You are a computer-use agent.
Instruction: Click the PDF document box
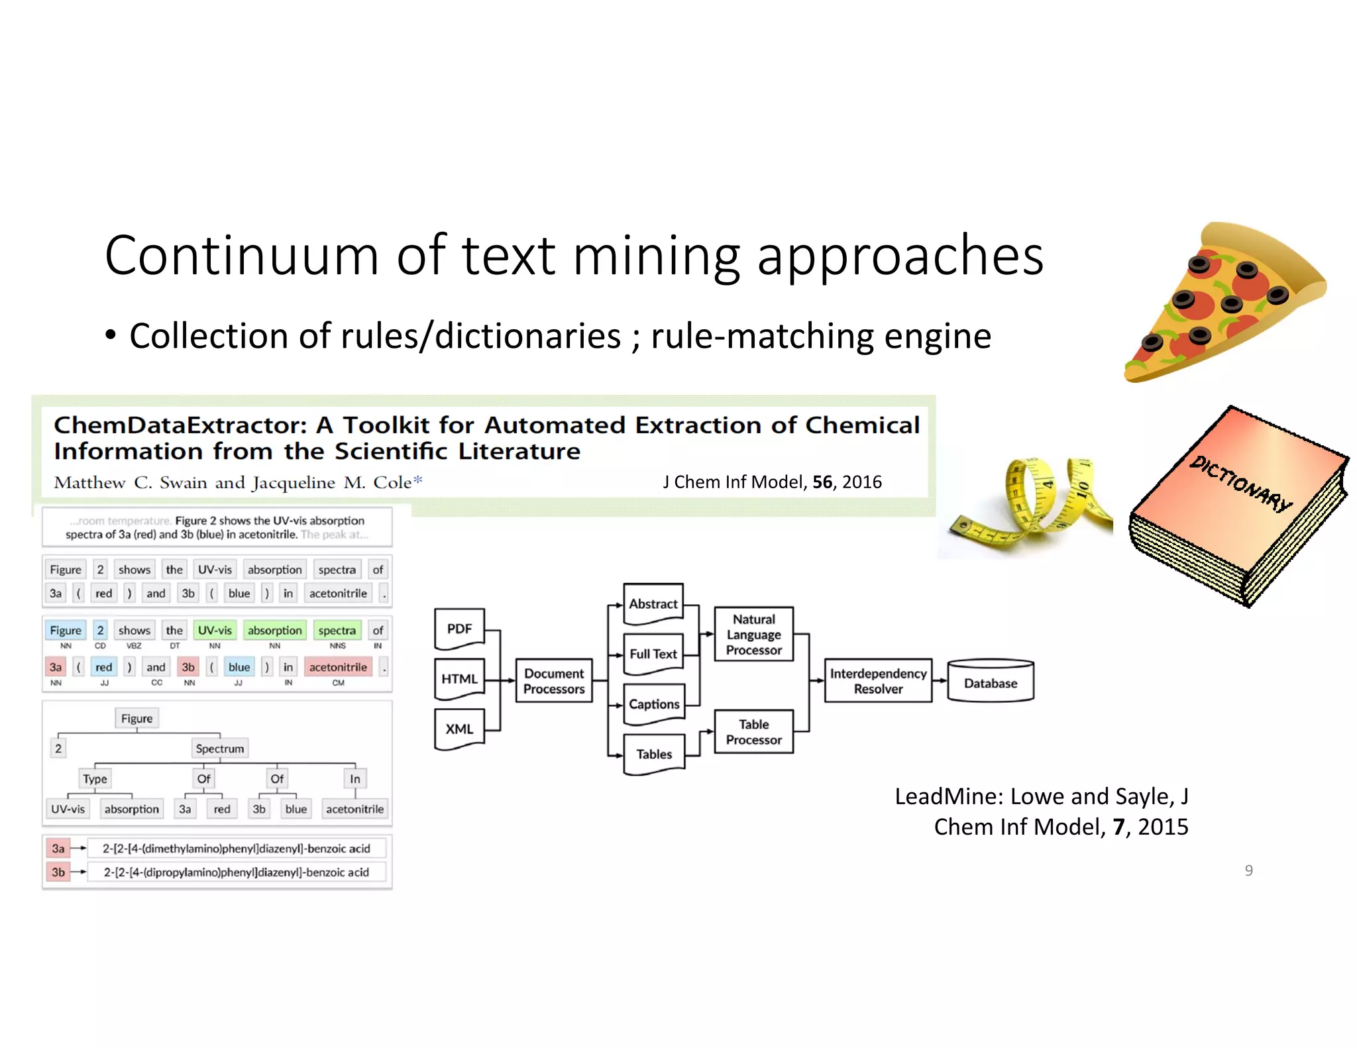point(459,629)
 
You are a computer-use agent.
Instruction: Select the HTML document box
point(459,679)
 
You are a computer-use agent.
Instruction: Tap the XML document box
point(459,729)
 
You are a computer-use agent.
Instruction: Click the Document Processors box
point(554,681)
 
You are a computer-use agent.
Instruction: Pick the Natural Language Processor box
point(753,635)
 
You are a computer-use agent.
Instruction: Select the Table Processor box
point(753,732)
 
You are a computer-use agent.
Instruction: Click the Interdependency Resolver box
point(878,681)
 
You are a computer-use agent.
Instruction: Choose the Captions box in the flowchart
point(654,704)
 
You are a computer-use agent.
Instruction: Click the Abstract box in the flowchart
point(653,604)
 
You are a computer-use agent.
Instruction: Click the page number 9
point(1248,870)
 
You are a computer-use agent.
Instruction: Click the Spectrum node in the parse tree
point(220,749)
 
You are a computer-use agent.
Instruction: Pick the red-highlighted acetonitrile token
point(338,667)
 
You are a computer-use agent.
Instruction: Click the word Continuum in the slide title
point(242,256)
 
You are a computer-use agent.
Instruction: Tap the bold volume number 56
point(822,482)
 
